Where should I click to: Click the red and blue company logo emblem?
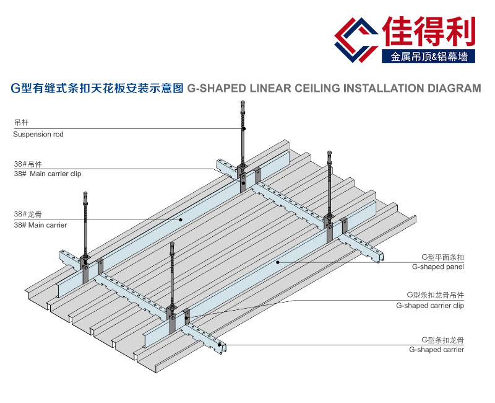(356, 38)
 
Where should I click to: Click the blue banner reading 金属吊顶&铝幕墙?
(429, 57)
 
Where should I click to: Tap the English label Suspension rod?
(38, 134)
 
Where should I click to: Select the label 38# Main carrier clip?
(48, 174)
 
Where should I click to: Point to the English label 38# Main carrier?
(40, 225)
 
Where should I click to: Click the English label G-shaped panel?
(438, 267)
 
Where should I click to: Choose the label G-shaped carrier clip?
(430, 306)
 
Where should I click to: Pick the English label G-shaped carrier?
(436, 350)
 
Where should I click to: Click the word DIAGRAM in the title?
(454, 88)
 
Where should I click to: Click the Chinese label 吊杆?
(21, 123)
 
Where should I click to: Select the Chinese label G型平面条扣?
(442, 257)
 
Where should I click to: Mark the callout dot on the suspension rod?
(244, 129)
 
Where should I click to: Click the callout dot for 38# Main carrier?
(181, 219)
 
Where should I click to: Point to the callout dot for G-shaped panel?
(278, 262)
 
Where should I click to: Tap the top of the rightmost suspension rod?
(329, 153)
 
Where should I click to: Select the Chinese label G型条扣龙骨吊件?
(435, 294)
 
